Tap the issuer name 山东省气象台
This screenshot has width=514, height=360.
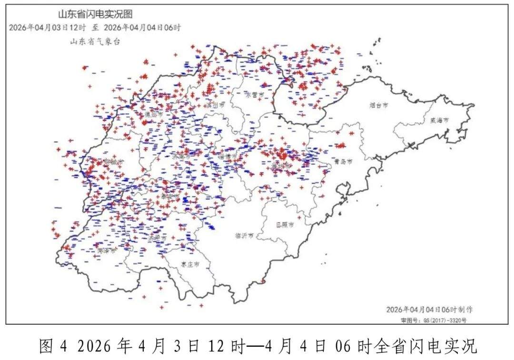95,41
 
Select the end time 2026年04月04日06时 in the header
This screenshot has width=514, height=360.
142,28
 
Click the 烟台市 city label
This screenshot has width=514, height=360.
379,105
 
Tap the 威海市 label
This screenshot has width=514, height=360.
439,120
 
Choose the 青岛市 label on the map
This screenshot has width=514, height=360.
343,162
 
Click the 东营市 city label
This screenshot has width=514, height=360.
254,94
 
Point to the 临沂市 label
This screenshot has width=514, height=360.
244,235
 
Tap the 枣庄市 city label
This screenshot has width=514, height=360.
189,263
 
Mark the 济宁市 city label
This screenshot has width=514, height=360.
158,237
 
